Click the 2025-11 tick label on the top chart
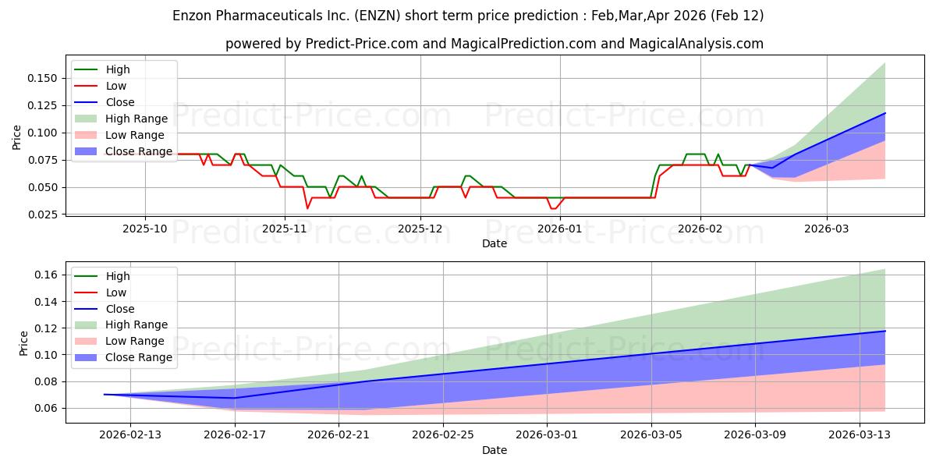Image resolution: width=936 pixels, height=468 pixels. (x=285, y=229)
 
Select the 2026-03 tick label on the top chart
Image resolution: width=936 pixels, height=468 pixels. (x=827, y=229)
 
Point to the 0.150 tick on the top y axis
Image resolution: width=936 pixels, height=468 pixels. (x=43, y=78)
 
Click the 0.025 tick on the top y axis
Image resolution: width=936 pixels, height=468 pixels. (x=43, y=214)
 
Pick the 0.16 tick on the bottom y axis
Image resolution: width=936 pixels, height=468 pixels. (x=47, y=275)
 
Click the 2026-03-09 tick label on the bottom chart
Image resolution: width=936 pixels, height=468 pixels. (x=755, y=435)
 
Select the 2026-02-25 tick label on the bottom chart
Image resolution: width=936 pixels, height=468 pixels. (x=443, y=435)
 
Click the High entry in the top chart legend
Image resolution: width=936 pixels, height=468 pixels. (x=118, y=69)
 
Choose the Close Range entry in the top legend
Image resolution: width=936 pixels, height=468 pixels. (x=139, y=151)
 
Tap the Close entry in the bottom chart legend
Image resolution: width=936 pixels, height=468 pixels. (x=120, y=309)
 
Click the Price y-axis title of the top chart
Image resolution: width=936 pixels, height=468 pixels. (x=17, y=137)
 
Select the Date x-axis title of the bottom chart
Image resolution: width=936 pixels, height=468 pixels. (x=495, y=450)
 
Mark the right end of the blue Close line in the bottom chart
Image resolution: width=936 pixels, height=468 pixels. (x=885, y=331)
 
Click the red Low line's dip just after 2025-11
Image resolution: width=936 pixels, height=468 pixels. (x=307, y=208)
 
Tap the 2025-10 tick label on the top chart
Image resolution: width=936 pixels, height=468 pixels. (x=145, y=229)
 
